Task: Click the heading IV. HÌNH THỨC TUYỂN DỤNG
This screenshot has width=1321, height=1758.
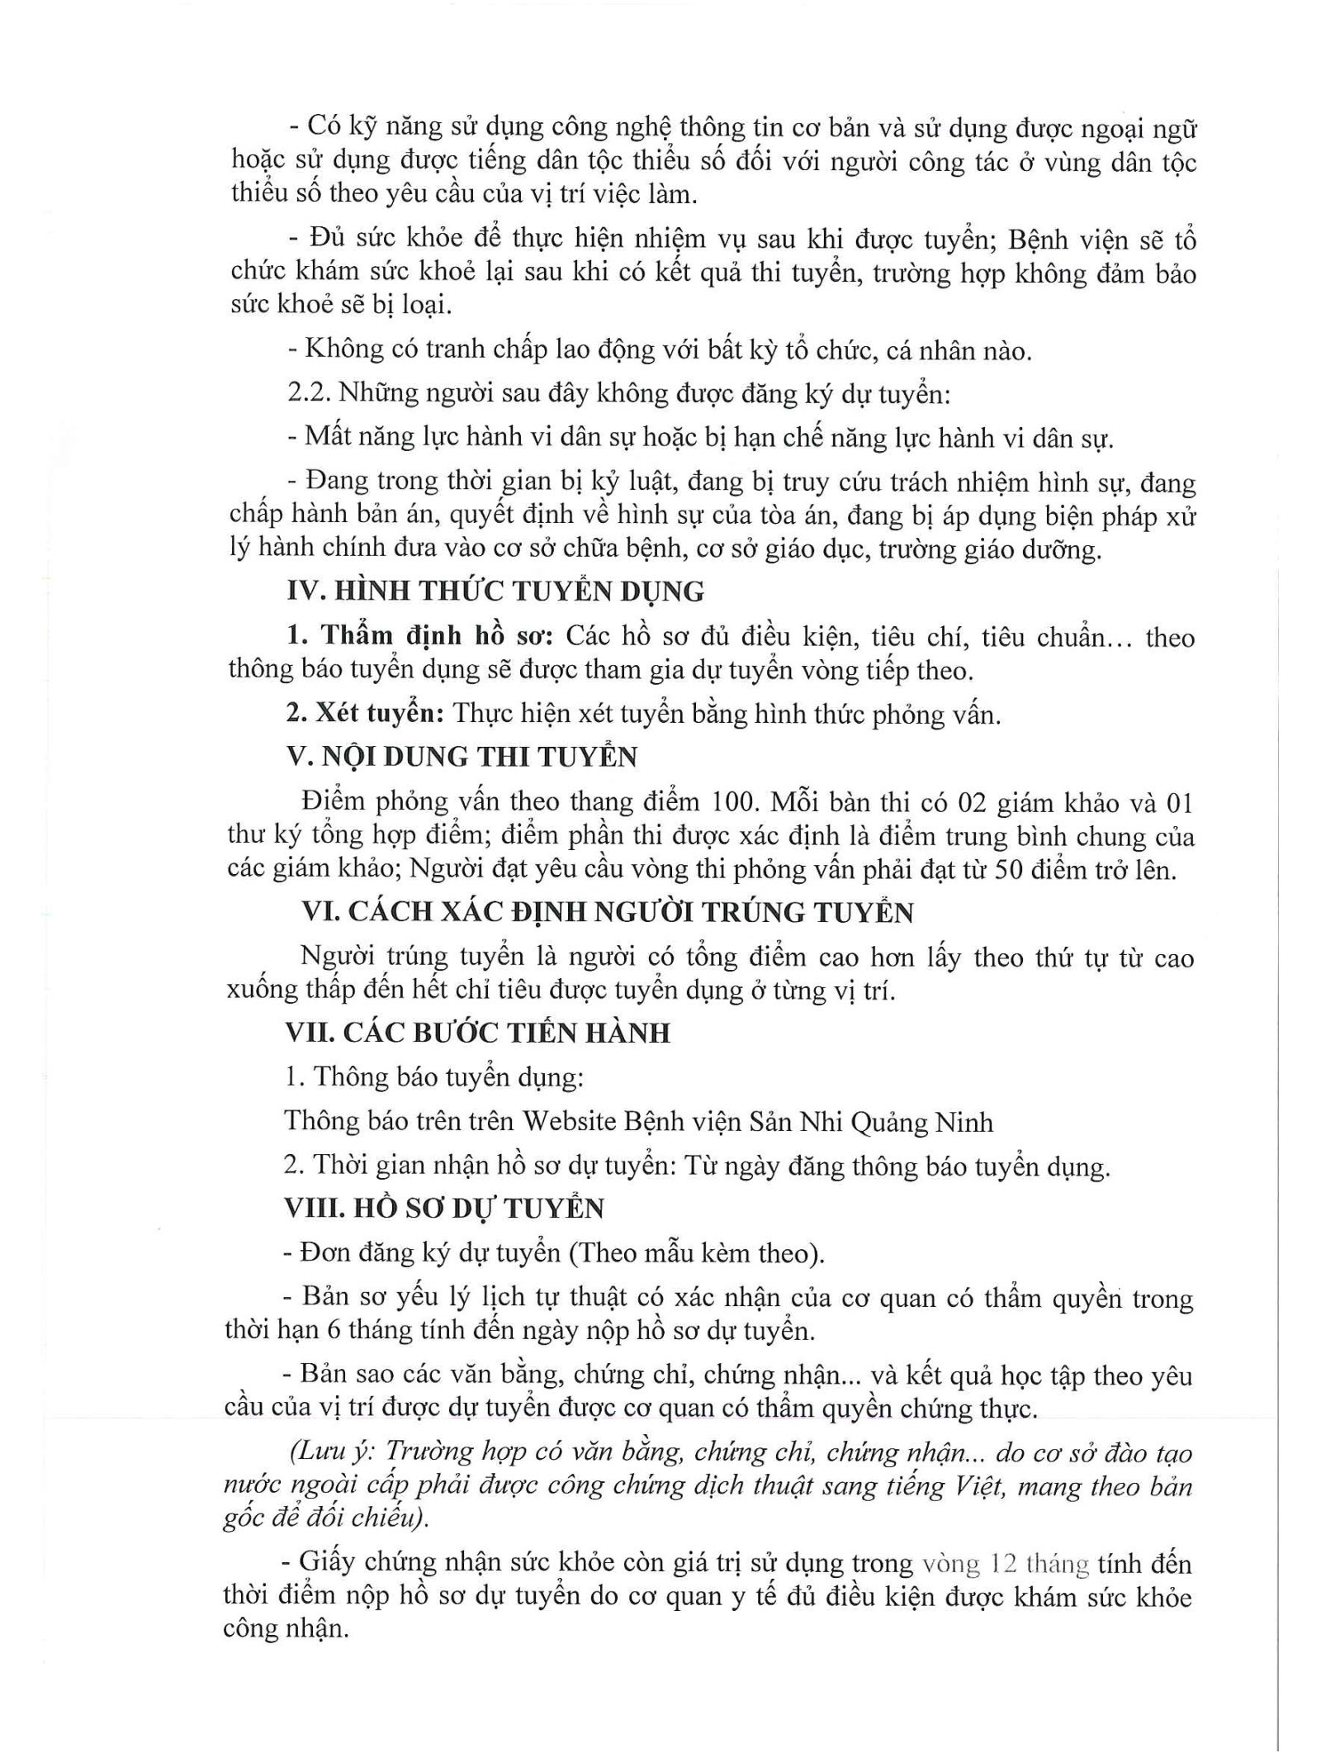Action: click(495, 592)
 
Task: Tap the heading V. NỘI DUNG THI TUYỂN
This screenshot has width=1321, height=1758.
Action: click(462, 757)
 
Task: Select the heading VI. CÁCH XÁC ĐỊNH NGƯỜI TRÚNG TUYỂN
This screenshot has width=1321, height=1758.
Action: click(608, 912)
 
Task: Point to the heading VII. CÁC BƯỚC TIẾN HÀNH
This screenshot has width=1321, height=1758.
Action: click(477, 1033)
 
